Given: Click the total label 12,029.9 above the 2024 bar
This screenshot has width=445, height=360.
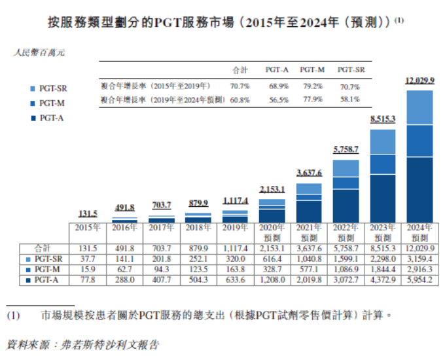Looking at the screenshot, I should pos(419,81).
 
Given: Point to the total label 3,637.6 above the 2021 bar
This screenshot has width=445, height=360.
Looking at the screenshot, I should pos(309,173).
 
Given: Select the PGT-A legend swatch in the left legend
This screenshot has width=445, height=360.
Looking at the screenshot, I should pos(33,118).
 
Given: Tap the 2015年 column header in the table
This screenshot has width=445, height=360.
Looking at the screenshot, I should pos(87,228).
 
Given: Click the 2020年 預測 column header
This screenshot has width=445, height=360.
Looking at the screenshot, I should pos(272,232).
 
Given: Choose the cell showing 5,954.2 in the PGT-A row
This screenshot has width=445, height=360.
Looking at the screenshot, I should pos(419,280).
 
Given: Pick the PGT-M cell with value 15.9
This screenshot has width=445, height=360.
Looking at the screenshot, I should pos(87,269).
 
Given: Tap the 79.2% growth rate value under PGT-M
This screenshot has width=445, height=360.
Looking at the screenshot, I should pos(312,86).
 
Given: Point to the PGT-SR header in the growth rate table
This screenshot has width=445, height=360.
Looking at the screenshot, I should pos(351,69).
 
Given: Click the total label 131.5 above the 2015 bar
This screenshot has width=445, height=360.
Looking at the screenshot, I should pos(87,213).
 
